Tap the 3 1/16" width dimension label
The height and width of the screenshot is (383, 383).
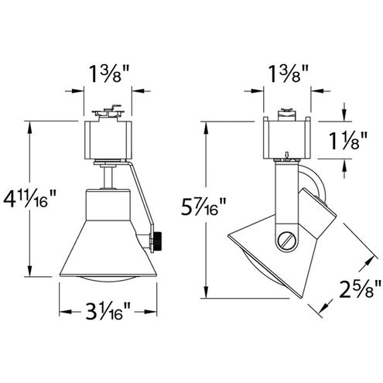[107, 314]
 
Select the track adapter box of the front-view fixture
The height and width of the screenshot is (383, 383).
[108, 138]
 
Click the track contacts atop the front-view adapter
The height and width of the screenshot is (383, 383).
[108, 114]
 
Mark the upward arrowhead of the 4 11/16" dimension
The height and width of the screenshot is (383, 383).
[29, 124]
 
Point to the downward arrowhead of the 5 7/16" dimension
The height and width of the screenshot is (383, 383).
[207, 298]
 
